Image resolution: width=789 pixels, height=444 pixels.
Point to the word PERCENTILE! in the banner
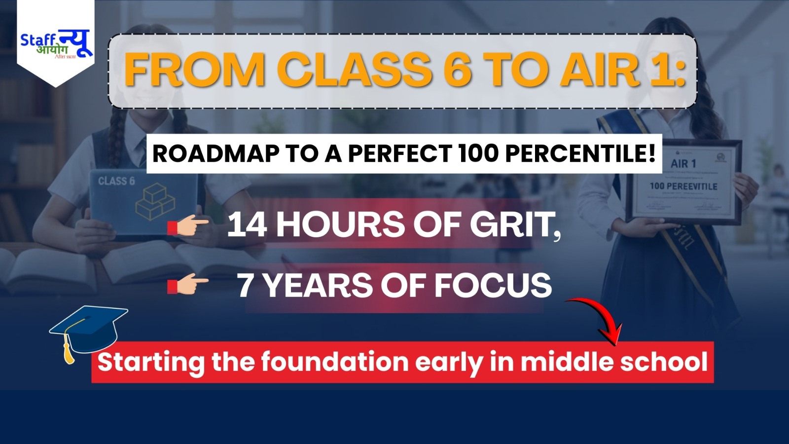[x=580, y=153]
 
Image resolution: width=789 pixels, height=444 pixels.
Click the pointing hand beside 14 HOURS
[x=188, y=226]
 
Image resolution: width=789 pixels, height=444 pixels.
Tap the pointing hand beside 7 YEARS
[x=188, y=286]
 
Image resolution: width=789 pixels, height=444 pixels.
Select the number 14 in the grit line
[x=247, y=225]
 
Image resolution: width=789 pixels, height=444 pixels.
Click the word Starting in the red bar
[x=151, y=362]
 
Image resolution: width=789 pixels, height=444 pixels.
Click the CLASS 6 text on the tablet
[x=116, y=181]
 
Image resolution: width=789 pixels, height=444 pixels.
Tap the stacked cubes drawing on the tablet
[x=155, y=201]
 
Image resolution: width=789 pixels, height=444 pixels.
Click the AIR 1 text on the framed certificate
[x=683, y=163]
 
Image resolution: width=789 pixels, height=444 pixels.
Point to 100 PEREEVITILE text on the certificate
[x=683, y=186]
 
